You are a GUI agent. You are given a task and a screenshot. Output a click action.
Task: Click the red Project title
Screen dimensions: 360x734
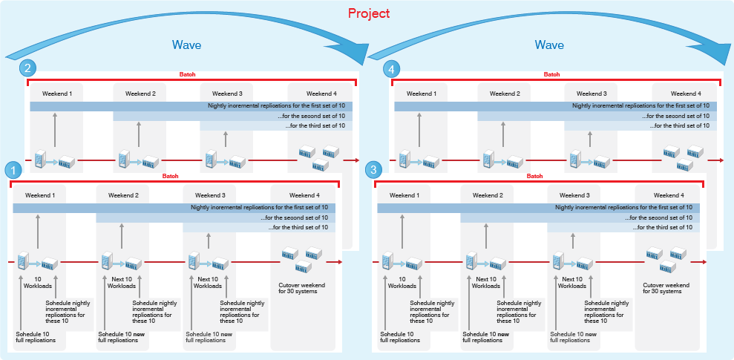pyautogui.click(x=369, y=13)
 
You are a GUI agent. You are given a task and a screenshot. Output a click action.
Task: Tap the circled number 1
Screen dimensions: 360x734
pyautogui.click(x=11, y=170)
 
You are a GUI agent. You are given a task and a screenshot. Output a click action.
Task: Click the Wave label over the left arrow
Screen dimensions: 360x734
pyautogui.click(x=186, y=45)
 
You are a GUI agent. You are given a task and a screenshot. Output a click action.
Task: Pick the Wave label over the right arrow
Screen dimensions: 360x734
pyautogui.click(x=550, y=45)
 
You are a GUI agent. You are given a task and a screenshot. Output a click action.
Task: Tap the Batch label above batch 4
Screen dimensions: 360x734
pyautogui.click(x=551, y=74)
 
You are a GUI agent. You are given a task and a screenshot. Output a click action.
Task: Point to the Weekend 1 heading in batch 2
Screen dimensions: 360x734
pyautogui.click(x=57, y=94)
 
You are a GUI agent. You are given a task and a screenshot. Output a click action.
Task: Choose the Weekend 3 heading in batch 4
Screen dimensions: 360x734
pyautogui.click(x=591, y=94)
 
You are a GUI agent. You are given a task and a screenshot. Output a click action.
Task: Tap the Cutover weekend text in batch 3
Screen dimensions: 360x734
pyautogui.click(x=666, y=288)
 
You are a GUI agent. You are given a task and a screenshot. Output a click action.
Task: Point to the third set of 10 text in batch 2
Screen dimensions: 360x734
pyautogui.click(x=315, y=125)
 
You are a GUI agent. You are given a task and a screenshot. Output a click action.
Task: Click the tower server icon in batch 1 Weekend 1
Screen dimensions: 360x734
pyautogui.click(x=24, y=261)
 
